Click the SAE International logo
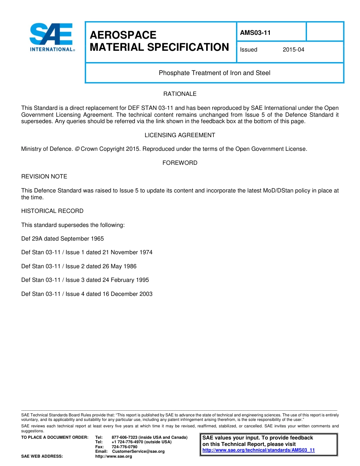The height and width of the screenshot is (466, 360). [52, 37]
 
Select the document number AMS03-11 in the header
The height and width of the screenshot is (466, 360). [255, 33]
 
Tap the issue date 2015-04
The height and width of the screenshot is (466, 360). [293, 50]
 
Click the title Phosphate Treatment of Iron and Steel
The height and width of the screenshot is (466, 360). [214, 73]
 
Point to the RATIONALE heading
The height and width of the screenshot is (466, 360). [180, 94]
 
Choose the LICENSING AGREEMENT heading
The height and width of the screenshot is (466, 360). [180, 135]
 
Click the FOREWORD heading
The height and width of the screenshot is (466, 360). [180, 163]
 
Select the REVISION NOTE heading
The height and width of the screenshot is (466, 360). [44, 177]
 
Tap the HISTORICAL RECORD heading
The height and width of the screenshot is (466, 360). [52, 211]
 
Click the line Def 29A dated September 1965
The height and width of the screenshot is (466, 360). [63, 239]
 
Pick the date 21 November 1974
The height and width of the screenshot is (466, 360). [127, 252]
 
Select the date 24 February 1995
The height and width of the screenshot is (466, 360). [125, 280]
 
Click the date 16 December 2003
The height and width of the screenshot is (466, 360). [127, 294]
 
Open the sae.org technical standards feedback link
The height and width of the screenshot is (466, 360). [258, 450]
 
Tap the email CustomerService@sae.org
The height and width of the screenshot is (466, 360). [138, 451]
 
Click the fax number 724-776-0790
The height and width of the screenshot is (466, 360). [125, 447]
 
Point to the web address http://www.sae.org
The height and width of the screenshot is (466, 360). [114, 456]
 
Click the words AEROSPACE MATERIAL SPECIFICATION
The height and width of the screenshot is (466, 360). [159, 41]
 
